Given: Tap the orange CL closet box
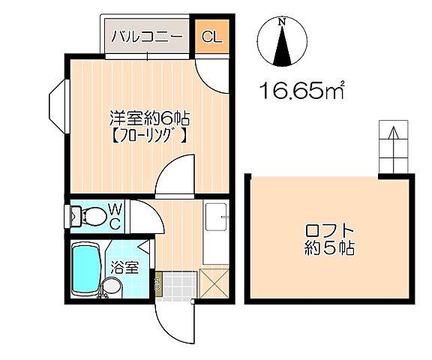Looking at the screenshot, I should click(211, 36).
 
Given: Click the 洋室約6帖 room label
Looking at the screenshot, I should click(149, 118).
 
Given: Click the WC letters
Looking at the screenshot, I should click(117, 214).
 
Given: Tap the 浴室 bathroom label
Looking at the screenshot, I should click(124, 267).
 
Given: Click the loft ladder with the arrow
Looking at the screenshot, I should click(392, 146).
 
